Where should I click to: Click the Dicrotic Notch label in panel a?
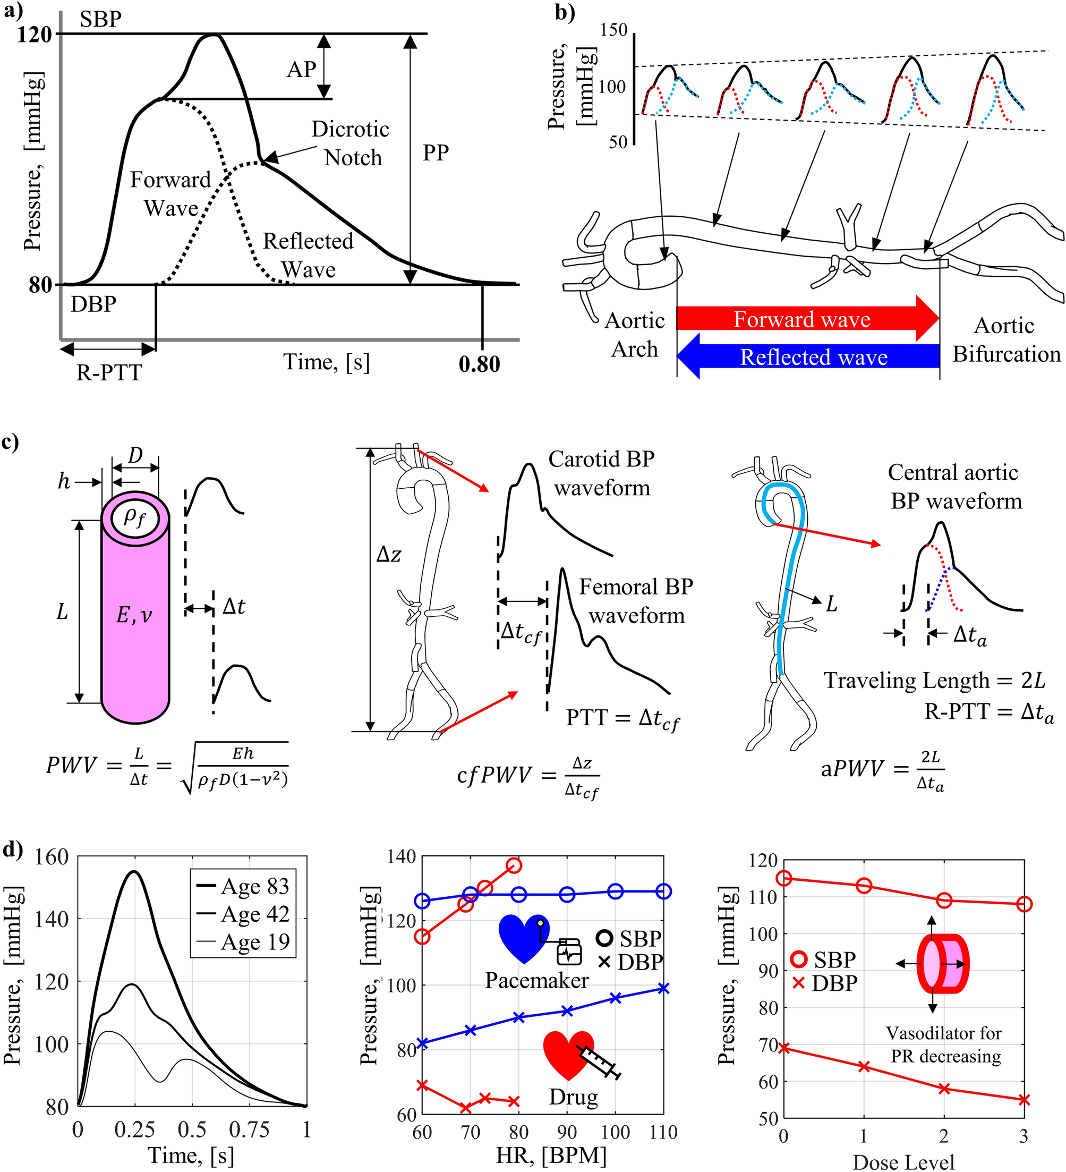[350, 143]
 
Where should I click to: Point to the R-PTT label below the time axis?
[109, 372]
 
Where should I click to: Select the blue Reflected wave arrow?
[808, 356]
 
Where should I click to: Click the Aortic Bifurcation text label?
[1005, 339]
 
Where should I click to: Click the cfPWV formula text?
[528, 776]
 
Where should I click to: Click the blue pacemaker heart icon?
[523, 938]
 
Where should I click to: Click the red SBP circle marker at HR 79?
[514, 865]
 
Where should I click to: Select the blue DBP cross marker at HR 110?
[664, 989]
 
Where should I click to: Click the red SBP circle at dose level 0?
[783, 878]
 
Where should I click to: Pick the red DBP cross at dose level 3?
[1024, 1100]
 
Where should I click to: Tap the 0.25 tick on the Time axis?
[134, 1129]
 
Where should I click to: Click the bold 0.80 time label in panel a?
[479, 364]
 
